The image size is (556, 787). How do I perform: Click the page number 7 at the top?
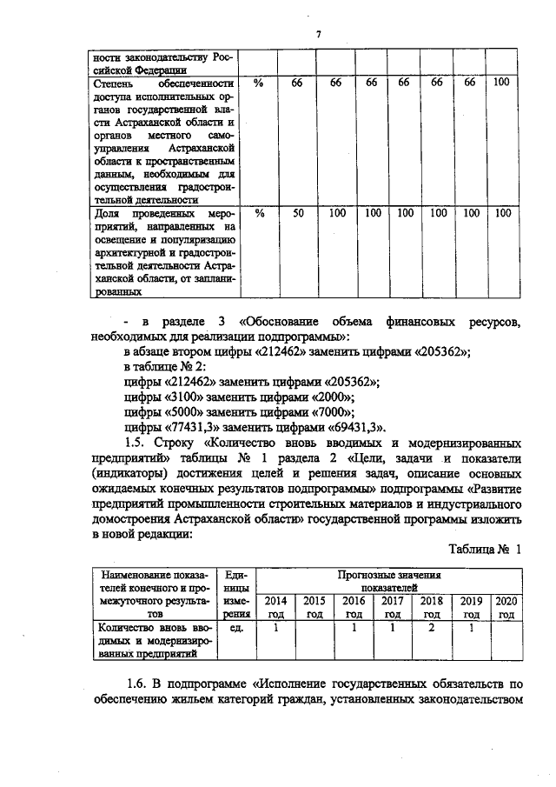[x=318, y=34]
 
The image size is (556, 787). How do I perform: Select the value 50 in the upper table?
[x=297, y=212]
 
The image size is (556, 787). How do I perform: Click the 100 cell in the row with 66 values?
[x=501, y=83]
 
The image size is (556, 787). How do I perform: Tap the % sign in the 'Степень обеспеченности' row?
[x=258, y=83]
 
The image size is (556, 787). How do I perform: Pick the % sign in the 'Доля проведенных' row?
[x=258, y=212]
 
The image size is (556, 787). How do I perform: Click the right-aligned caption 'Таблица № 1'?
[x=485, y=550]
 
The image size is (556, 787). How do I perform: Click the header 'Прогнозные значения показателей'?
[x=389, y=581]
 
